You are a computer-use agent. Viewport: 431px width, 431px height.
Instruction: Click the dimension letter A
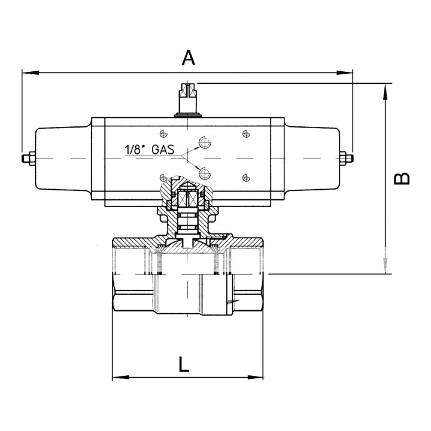189,57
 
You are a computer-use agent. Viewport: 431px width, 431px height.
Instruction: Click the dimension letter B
402,178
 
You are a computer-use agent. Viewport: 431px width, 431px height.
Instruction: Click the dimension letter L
184,364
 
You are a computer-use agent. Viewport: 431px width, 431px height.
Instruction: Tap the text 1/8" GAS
150,150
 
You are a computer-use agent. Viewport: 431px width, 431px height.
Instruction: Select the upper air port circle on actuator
205,142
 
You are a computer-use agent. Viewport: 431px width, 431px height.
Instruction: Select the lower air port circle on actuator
205,173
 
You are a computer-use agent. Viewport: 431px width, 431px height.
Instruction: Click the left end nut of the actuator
29,159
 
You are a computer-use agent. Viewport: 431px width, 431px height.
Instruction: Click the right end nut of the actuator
347,159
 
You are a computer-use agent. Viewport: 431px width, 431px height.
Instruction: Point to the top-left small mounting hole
163,134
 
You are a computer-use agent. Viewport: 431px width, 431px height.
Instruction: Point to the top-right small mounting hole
246,134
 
